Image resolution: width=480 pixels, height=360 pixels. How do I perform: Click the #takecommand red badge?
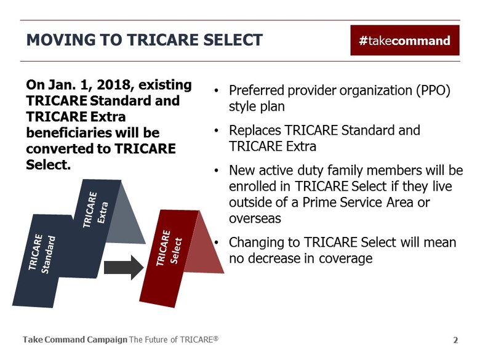pyautogui.click(x=404, y=41)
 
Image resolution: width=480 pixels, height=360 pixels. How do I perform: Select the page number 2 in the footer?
pyautogui.click(x=455, y=340)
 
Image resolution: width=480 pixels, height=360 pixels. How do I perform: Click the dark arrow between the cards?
pyautogui.click(x=123, y=268)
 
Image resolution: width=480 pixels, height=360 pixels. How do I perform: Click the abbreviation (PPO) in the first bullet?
pyautogui.click(x=432, y=90)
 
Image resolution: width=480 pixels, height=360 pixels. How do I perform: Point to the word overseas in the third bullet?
pyautogui.click(x=255, y=218)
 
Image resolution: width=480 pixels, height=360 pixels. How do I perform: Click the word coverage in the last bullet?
pyautogui.click(x=346, y=258)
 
